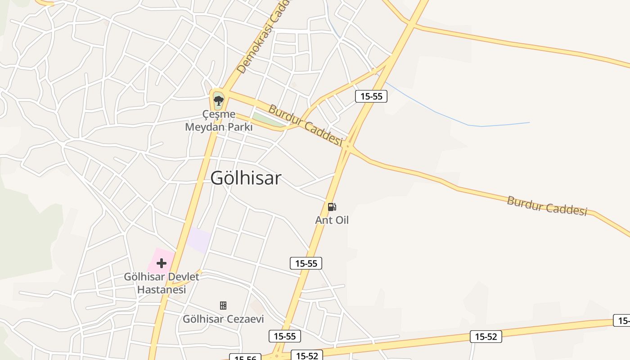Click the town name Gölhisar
tap(246, 178)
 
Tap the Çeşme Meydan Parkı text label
tap(219, 121)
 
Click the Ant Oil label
tap(332, 220)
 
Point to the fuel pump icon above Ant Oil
tap(332, 207)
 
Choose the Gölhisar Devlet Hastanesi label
tap(161, 283)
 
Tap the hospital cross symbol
tap(161, 263)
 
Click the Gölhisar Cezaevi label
tap(223, 319)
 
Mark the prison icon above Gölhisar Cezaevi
tap(223, 306)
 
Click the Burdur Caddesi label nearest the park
tap(305, 124)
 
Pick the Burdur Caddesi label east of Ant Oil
tap(547, 206)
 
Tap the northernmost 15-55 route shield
tap(371, 96)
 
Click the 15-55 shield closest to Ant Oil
tap(306, 263)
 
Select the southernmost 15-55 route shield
tap(284, 336)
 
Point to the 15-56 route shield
tap(245, 358)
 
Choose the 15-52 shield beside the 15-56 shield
tap(307, 356)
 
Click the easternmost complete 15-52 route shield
tap(486, 336)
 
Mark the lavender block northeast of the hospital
tap(199, 240)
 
